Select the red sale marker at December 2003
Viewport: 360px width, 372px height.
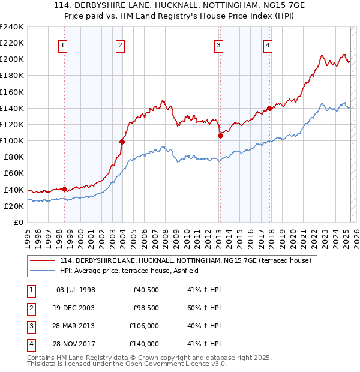(122, 142)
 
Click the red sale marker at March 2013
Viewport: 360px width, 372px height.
(220, 136)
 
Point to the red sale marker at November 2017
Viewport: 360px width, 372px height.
(270, 108)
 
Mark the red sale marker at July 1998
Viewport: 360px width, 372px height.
(64, 189)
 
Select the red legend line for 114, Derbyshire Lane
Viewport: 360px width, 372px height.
(43, 261)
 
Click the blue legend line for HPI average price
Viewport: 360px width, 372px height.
(43, 271)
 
